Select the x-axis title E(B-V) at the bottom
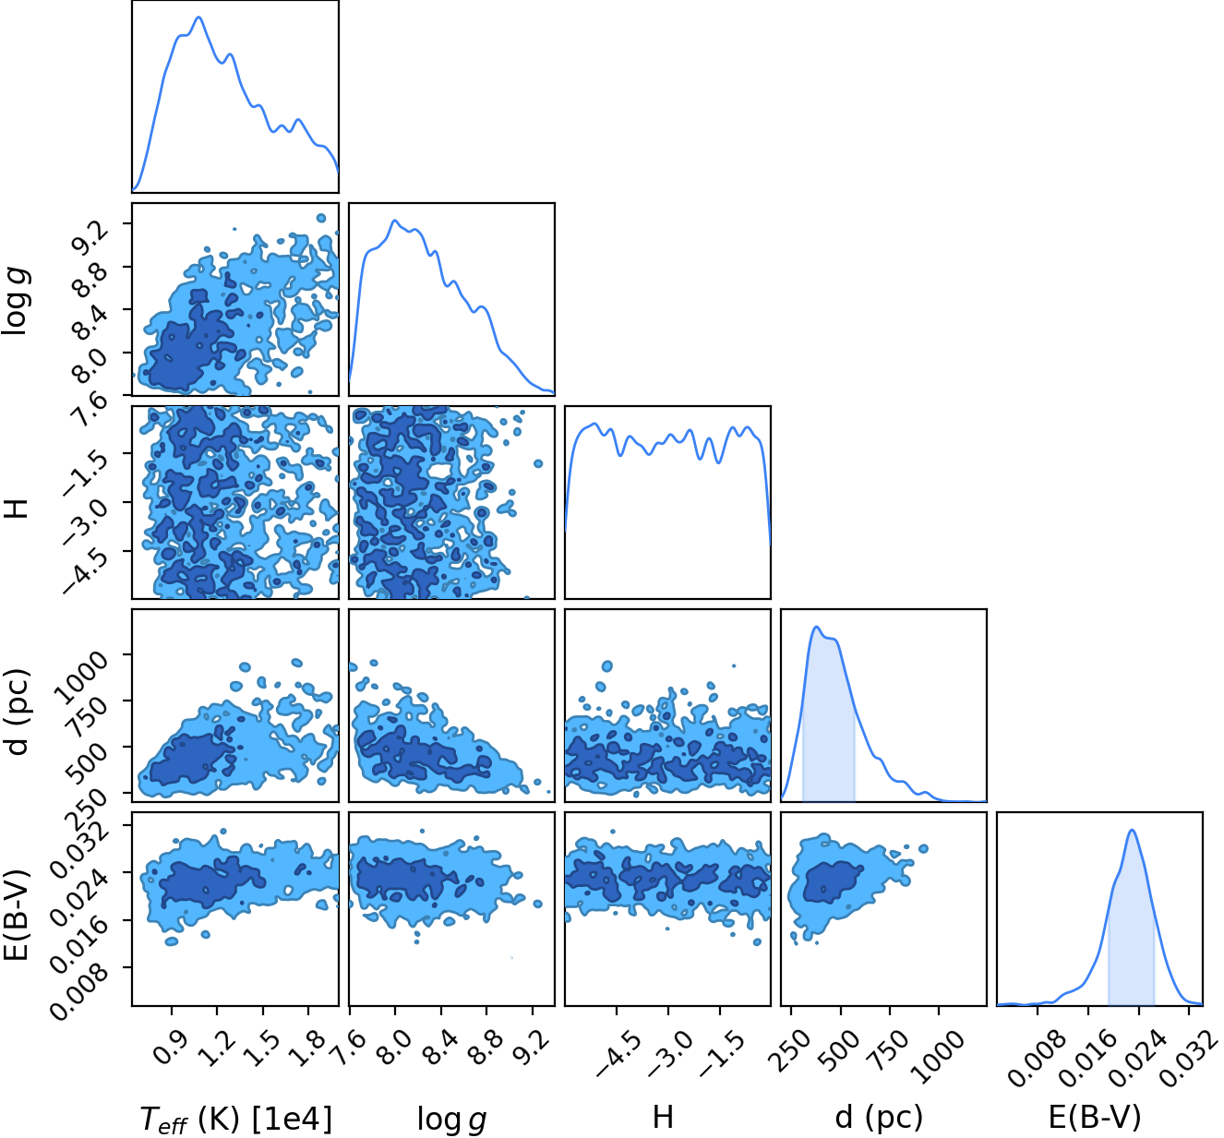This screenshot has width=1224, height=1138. click(1095, 1116)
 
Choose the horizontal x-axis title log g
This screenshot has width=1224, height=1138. click(451, 1118)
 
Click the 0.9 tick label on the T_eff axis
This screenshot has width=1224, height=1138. click(168, 1047)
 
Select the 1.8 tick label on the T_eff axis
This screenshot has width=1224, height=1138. click(306, 1047)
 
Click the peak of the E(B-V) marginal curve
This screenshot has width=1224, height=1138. click(1133, 830)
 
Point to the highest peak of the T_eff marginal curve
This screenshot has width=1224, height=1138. click(198, 18)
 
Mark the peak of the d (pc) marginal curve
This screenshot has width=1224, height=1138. click(817, 627)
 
